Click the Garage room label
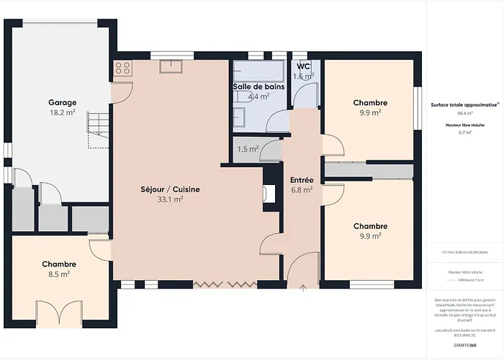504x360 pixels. pyautogui.click(x=63, y=102)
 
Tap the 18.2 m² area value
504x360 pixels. pyautogui.click(x=63, y=113)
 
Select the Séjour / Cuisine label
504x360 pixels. pyautogui.click(x=170, y=189)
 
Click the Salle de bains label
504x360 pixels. pyautogui.click(x=258, y=86)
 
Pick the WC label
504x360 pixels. pyautogui.click(x=302, y=66)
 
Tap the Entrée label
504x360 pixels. pyautogui.click(x=301, y=179)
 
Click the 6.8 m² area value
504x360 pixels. pyautogui.click(x=301, y=190)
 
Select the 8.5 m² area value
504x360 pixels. pyautogui.click(x=59, y=274)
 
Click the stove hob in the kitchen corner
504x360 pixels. pyautogui.click(x=122, y=68)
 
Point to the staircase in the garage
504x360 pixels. pyautogui.click(x=96, y=130)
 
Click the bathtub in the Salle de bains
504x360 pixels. pyautogui.click(x=258, y=71)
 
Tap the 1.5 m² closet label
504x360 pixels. pyautogui.click(x=248, y=149)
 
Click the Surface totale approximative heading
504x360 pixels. pyautogui.click(x=464, y=104)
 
